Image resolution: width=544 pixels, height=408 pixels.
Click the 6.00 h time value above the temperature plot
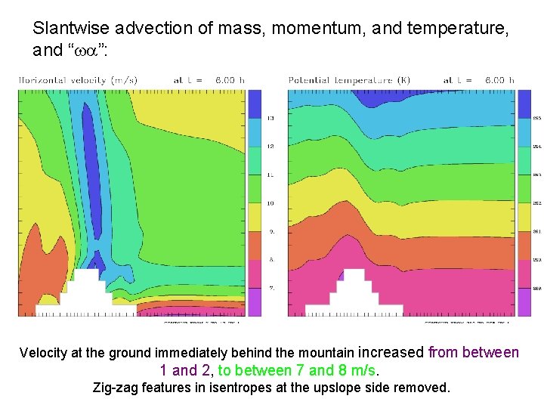point(499,79)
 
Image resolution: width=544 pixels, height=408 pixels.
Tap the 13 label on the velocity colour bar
point(270,119)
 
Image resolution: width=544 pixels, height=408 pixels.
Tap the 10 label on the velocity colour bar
point(270,203)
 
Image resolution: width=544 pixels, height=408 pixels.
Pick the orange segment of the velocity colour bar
point(255,246)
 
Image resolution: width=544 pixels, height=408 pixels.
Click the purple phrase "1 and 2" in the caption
point(184,370)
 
